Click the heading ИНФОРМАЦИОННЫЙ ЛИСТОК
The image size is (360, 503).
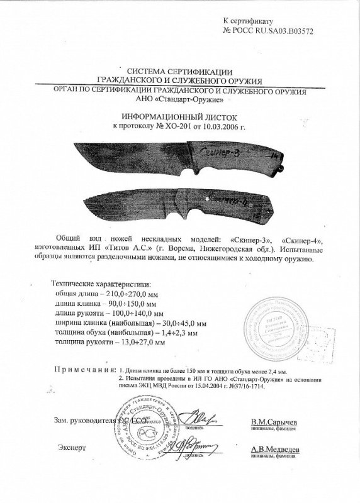tap(180, 116)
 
